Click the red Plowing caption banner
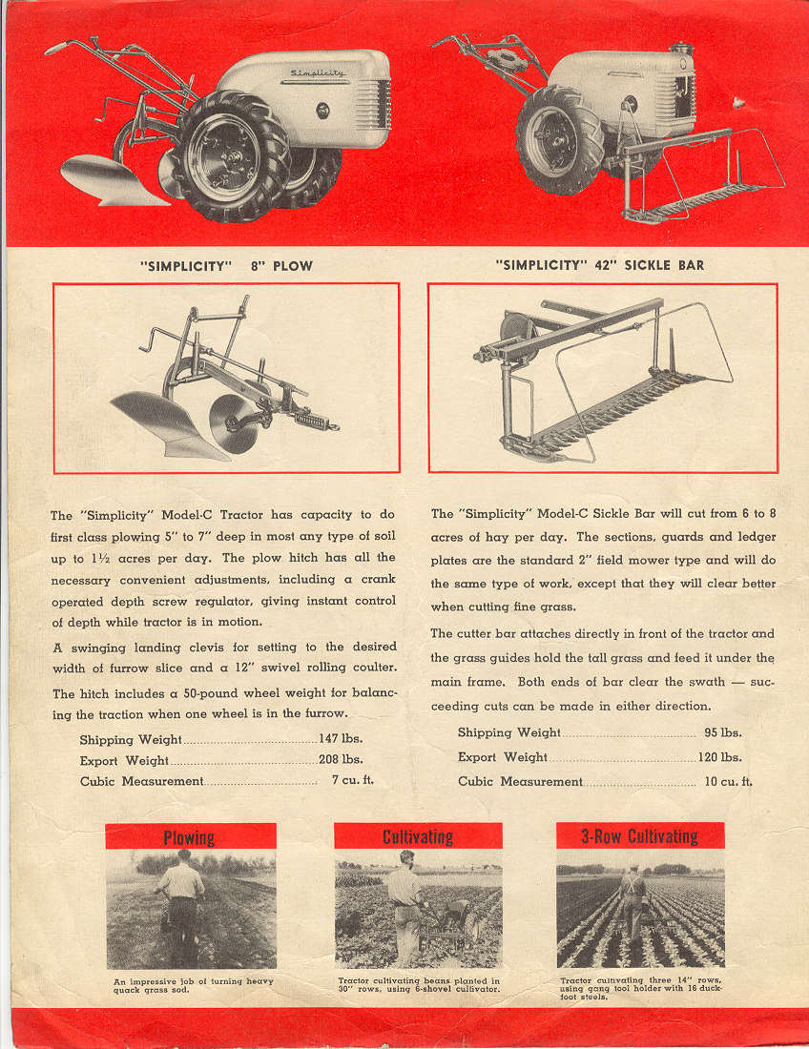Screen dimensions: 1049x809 coord(191,836)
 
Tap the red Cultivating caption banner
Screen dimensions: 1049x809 coord(418,836)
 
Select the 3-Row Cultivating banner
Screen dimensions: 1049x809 coord(640,836)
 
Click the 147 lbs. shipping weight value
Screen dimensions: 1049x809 coord(341,739)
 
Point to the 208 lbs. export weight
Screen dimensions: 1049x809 coord(341,760)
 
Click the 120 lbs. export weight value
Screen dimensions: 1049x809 coord(719,757)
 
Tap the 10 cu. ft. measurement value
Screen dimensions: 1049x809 coord(729,781)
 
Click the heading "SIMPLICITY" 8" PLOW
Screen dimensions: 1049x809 coord(226,265)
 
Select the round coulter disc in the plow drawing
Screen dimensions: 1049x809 coord(233,423)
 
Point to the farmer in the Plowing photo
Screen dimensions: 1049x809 coord(181,901)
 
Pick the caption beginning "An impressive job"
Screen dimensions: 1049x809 coord(192,985)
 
